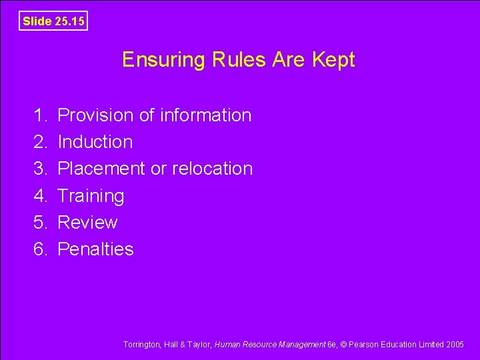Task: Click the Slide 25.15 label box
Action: [53, 21]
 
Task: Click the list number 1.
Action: [39, 115]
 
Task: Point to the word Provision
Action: [96, 115]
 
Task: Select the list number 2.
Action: [39, 142]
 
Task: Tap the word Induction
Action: [95, 142]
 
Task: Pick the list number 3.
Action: [39, 169]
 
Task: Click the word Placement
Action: [102, 169]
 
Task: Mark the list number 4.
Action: [39, 196]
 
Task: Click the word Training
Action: [91, 196]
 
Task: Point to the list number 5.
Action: [39, 223]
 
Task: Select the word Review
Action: [87, 223]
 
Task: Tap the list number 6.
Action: [39, 249]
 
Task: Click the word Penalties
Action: [96, 249]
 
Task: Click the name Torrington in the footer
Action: [142, 345]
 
